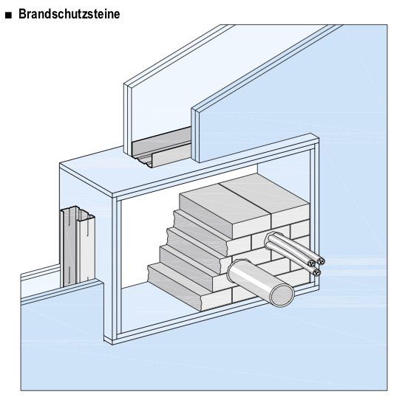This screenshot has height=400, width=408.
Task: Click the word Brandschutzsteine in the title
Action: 69,14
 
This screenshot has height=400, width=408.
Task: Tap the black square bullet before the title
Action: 8,15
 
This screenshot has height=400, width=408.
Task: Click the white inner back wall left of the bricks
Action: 144,244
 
